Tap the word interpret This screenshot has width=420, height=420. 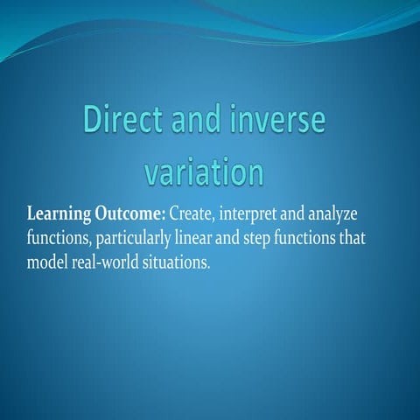(x=258, y=215)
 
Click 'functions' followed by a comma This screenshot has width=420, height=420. (x=58, y=238)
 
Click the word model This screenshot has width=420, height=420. (x=48, y=262)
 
